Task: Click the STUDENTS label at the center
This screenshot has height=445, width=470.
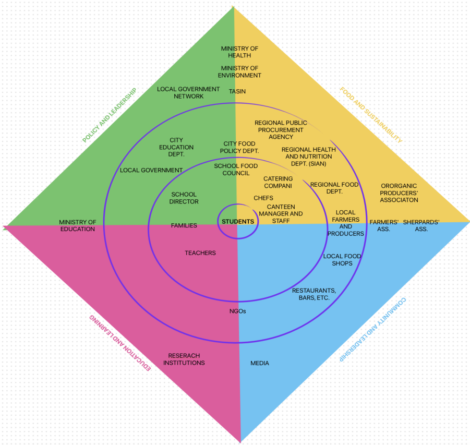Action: click(238, 222)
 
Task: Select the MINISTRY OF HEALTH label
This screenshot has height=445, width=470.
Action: click(239, 52)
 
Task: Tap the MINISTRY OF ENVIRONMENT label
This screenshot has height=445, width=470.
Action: click(239, 72)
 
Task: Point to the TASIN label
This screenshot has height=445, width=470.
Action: click(237, 92)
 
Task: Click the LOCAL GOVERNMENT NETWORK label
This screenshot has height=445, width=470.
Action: click(188, 93)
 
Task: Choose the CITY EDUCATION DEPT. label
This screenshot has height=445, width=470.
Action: click(176, 147)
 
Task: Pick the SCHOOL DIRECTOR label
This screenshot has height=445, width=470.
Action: click(184, 198)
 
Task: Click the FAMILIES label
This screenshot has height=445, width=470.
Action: click(184, 226)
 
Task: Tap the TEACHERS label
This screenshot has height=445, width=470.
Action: click(200, 253)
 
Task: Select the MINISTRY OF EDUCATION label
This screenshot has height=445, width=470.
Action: click(77, 225)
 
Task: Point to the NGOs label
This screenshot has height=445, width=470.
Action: click(237, 311)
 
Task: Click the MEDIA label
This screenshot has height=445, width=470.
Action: click(260, 363)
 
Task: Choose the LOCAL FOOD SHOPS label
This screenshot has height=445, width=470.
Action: click(342, 260)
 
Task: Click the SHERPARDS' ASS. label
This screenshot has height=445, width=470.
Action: click(421, 225)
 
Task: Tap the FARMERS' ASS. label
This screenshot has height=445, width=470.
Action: click(384, 225)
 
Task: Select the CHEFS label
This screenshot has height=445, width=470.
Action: click(263, 198)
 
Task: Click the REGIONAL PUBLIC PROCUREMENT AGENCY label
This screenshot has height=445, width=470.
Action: click(281, 130)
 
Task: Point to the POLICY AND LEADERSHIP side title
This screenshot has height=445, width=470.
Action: click(109, 115)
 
